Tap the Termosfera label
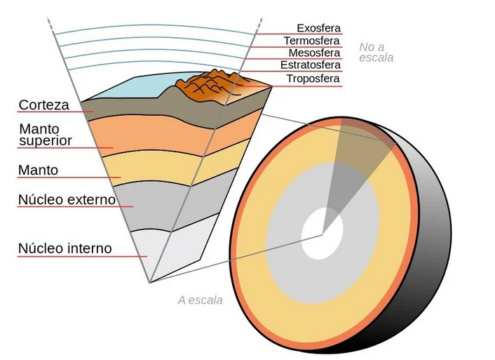312,41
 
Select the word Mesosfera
314,53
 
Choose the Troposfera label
313,79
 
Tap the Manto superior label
46,135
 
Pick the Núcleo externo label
67,199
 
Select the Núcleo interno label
65,248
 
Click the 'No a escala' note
376,53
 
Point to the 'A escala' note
200,300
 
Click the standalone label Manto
39,170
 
